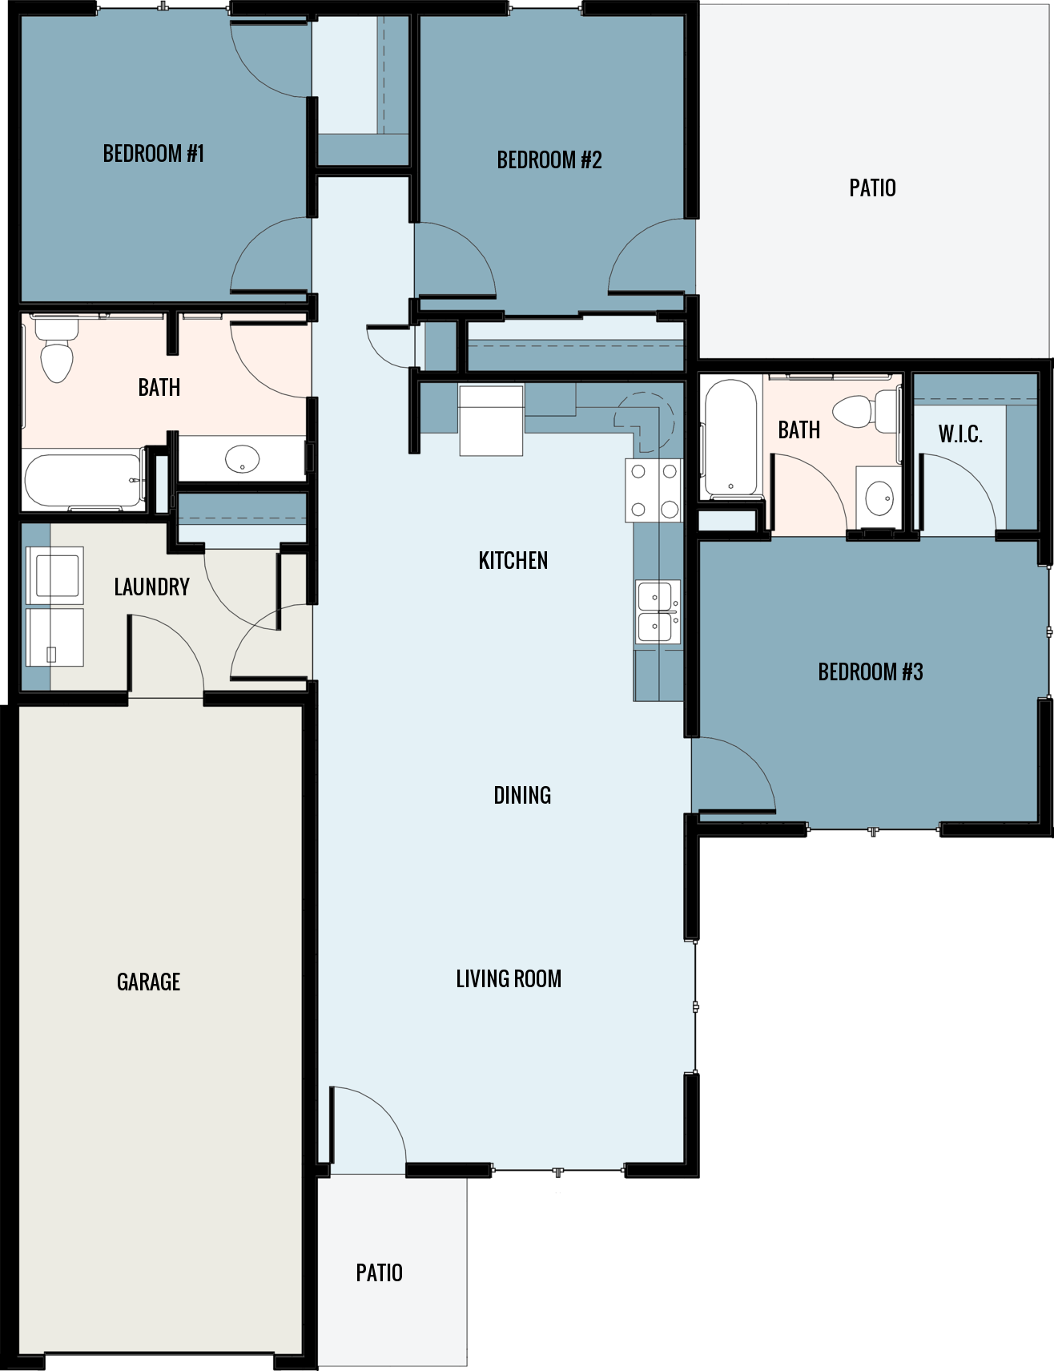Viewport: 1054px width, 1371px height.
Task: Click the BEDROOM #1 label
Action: [153, 153]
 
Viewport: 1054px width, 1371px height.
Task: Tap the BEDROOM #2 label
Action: [549, 160]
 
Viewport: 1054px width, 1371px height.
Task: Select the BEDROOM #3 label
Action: [870, 671]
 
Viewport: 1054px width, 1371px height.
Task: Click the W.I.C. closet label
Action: [959, 434]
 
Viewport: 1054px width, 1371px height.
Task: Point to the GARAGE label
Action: [148, 982]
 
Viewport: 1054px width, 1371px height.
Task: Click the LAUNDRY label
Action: [151, 587]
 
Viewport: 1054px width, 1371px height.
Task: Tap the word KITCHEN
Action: [513, 560]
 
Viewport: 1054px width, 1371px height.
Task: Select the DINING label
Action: [521, 795]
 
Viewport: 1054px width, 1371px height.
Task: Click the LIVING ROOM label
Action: [508, 978]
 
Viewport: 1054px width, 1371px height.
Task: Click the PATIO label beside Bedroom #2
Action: [872, 188]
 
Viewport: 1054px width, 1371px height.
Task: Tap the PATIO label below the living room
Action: [379, 1272]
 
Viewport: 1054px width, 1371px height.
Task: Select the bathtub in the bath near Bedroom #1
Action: [83, 480]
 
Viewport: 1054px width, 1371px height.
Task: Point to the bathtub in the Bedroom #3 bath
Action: [730, 438]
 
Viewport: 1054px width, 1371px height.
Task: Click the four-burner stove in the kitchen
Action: [654, 490]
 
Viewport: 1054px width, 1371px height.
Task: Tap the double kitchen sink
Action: [658, 611]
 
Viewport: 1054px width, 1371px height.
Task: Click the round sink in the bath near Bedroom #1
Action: [242, 460]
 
